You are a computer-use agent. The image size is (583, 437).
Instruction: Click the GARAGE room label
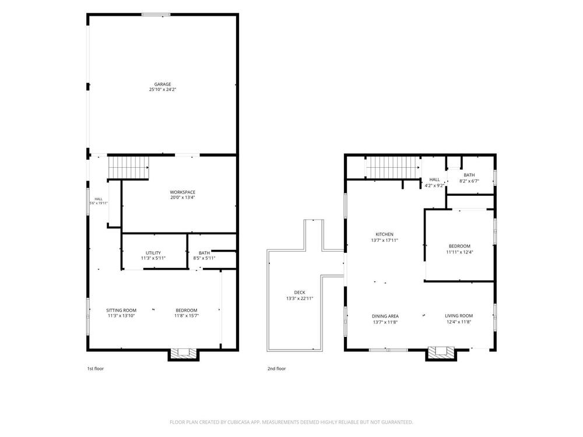click(163, 84)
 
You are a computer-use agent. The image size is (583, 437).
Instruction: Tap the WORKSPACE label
click(182, 192)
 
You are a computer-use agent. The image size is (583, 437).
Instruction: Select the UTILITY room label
click(153, 253)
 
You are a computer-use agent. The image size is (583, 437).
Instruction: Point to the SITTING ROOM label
click(121, 311)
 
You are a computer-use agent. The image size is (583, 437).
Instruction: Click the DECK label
click(300, 292)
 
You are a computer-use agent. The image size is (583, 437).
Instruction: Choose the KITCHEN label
click(384, 234)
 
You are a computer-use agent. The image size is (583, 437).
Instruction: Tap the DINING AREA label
click(385, 316)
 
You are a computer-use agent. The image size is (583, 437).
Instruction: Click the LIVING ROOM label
click(459, 316)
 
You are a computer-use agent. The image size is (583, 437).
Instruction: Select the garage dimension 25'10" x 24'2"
click(163, 90)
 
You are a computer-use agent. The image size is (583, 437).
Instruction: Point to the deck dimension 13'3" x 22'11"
click(300, 298)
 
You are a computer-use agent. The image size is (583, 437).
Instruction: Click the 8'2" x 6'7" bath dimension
click(469, 181)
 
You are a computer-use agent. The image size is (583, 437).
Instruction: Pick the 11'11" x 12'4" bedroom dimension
click(459, 252)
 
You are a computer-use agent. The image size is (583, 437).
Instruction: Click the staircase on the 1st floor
click(128, 168)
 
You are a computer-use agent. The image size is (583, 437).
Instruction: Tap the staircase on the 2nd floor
click(393, 167)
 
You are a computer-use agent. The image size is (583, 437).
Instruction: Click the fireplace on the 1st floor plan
click(183, 354)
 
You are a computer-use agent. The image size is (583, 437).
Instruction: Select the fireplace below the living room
click(441, 354)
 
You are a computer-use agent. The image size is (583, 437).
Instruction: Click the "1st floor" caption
click(96, 369)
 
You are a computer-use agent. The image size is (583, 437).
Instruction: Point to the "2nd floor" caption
click(276, 369)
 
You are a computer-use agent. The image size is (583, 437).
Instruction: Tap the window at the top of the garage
click(156, 15)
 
